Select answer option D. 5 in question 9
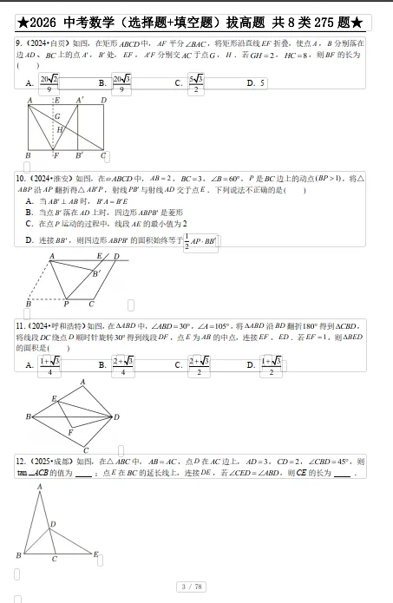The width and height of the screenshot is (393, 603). point(254,83)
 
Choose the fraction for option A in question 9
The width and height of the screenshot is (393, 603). point(49,83)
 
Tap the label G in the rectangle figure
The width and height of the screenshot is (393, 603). point(58,115)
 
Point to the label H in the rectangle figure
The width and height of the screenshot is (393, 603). point(60,129)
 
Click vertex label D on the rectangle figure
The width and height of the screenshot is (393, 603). point(104,101)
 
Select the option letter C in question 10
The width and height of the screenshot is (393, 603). point(30,223)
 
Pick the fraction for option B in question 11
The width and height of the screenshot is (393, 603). point(122,366)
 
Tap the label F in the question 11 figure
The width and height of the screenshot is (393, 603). point(70,431)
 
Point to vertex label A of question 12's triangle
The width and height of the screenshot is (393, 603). point(40,488)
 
